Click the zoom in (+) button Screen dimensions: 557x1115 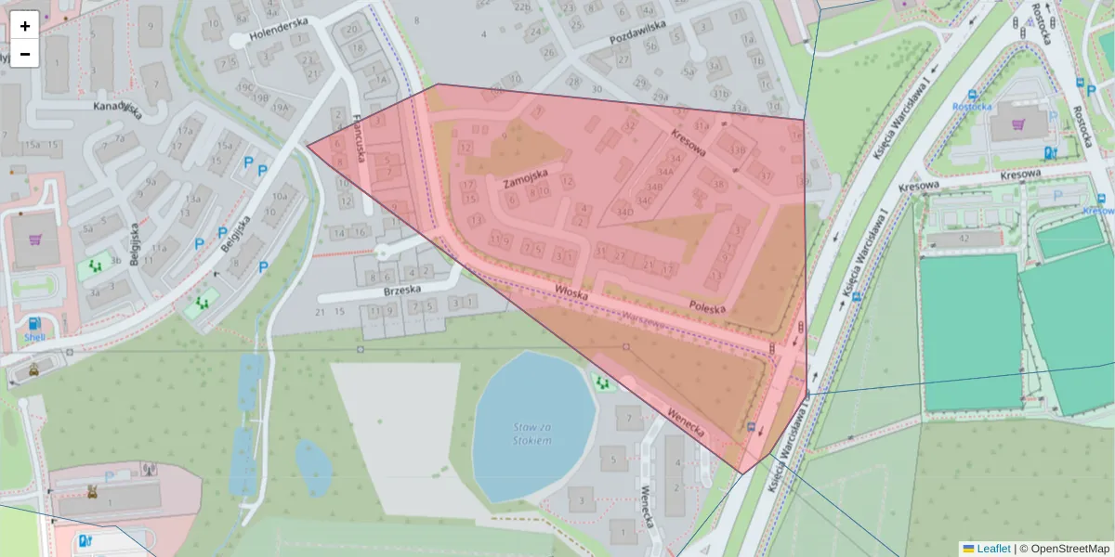click(x=25, y=25)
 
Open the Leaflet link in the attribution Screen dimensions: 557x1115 click(x=992, y=549)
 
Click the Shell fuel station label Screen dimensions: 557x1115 click(x=34, y=338)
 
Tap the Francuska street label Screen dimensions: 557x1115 click(x=361, y=136)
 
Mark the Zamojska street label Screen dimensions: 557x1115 click(x=525, y=178)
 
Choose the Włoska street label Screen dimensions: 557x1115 click(x=572, y=291)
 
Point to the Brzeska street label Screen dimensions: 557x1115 click(x=401, y=290)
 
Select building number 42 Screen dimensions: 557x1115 click(x=964, y=239)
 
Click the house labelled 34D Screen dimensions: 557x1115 click(x=624, y=213)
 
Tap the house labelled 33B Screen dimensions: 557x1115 click(x=738, y=150)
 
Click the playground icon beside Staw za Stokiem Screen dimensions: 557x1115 click(x=602, y=382)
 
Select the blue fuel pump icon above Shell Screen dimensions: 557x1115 click(x=34, y=323)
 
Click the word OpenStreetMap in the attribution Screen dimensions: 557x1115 click(x=1070, y=549)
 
